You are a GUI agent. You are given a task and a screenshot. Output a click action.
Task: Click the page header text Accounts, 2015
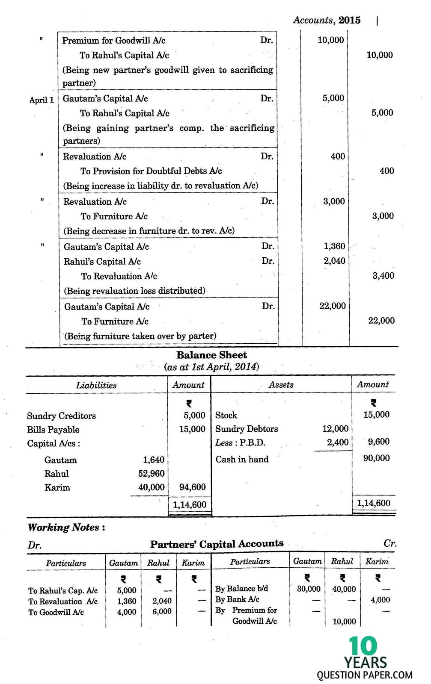point(327,20)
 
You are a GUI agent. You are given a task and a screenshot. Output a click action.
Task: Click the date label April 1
point(42,100)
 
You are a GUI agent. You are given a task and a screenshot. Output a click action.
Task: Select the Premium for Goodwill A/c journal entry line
point(114,41)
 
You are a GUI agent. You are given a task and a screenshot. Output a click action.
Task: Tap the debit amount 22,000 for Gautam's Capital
point(332,306)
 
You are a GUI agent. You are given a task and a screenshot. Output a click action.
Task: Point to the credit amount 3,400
point(383,276)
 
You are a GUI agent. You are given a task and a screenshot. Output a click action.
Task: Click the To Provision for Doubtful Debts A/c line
point(151,171)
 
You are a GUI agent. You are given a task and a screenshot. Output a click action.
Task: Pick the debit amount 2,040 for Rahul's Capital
point(334,261)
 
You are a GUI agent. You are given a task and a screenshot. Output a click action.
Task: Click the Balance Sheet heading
point(211,355)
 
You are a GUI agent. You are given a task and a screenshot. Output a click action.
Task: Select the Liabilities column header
point(96,385)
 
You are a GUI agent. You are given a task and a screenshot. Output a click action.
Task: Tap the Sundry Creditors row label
point(61,416)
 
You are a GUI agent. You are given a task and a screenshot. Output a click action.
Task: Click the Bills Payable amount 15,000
point(192,429)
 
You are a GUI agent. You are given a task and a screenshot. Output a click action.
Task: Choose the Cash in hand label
point(242,460)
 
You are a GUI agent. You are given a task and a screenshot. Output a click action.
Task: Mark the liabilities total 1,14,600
point(190,505)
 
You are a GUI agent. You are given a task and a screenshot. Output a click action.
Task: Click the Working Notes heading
point(66,528)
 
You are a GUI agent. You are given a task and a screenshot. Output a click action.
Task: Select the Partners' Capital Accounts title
point(217,544)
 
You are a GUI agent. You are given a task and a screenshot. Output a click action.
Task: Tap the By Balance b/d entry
point(241,589)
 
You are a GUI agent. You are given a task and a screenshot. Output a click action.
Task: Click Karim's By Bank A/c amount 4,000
point(380,600)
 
